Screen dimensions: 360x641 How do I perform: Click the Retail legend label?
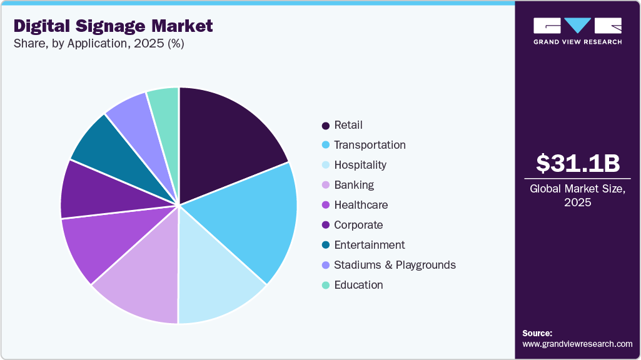click(x=348, y=125)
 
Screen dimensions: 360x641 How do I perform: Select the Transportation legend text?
click(x=370, y=145)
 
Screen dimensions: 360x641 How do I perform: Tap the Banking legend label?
click(x=354, y=185)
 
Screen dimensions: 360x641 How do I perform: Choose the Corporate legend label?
click(x=358, y=225)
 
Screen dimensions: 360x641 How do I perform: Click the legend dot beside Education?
click(x=326, y=286)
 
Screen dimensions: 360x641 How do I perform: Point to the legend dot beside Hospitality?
click(x=326, y=166)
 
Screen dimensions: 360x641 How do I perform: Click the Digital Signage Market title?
click(x=113, y=26)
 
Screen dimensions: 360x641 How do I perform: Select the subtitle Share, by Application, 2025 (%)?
click(x=98, y=44)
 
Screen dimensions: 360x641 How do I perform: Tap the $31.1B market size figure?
click(x=578, y=164)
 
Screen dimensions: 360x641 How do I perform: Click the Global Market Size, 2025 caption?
click(x=578, y=196)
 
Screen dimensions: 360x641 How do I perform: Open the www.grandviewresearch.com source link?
click(x=577, y=344)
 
